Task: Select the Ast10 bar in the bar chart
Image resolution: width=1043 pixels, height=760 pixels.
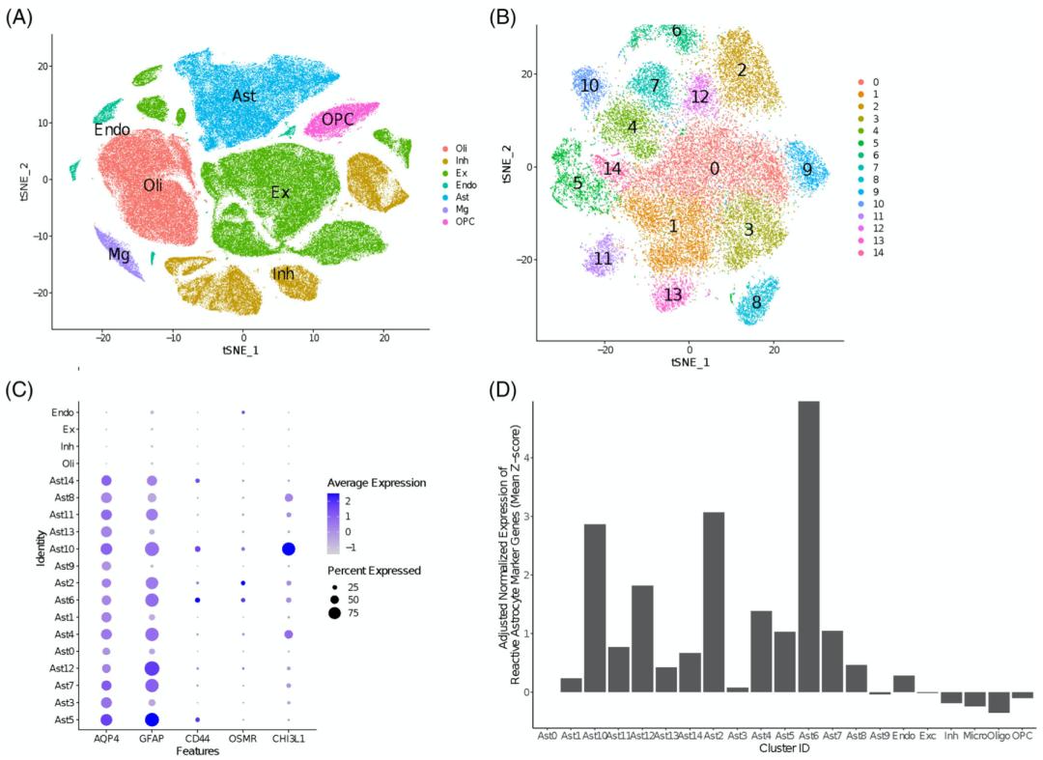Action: click(596, 607)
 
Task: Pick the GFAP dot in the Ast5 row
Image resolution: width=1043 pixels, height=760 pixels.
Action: click(152, 719)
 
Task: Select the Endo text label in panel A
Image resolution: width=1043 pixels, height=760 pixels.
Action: click(112, 129)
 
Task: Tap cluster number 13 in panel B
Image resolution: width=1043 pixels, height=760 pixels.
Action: click(673, 295)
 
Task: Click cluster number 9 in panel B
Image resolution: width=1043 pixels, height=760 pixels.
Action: click(807, 170)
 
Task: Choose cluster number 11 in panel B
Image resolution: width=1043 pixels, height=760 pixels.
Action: click(604, 259)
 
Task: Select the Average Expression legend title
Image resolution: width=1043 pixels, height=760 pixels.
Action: click(378, 483)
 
